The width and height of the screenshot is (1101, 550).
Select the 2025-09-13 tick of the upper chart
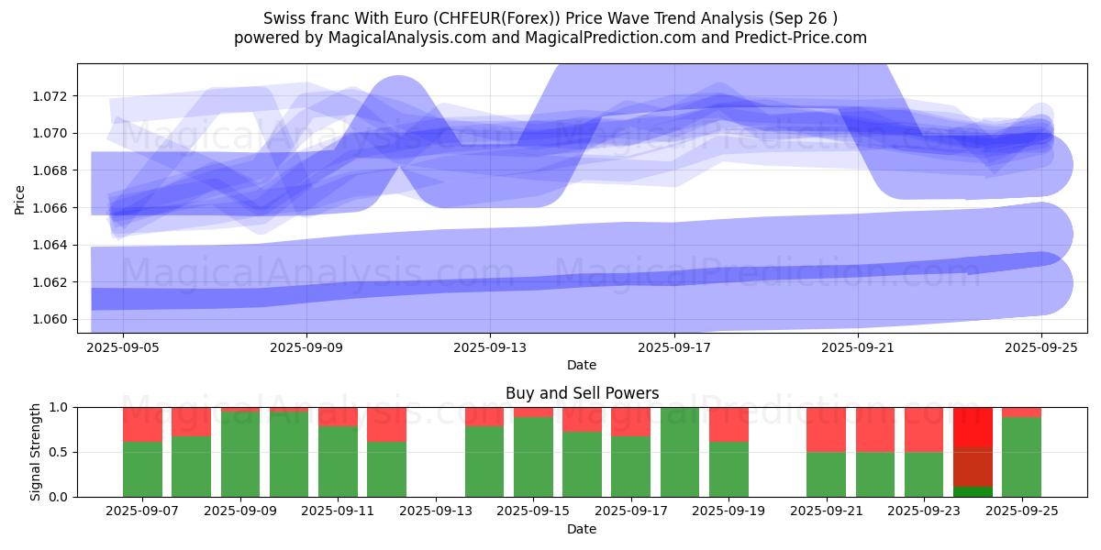490,346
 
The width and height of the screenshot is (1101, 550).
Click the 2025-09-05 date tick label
123,346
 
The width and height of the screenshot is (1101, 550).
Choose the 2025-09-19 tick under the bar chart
728,511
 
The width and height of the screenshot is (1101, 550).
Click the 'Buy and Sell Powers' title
582,393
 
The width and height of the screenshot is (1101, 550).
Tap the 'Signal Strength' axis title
36,452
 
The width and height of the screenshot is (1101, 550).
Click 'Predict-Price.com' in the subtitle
806,38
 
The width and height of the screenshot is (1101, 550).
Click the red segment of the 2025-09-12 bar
386,424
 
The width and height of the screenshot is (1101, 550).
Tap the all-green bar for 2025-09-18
680,452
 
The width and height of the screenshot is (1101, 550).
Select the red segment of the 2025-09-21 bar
826,429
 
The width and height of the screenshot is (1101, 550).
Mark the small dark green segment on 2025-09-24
973,491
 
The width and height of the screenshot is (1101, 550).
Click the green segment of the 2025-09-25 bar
1021,456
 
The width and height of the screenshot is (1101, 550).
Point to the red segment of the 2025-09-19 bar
728,424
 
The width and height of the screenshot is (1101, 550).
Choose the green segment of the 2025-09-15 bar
533,456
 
